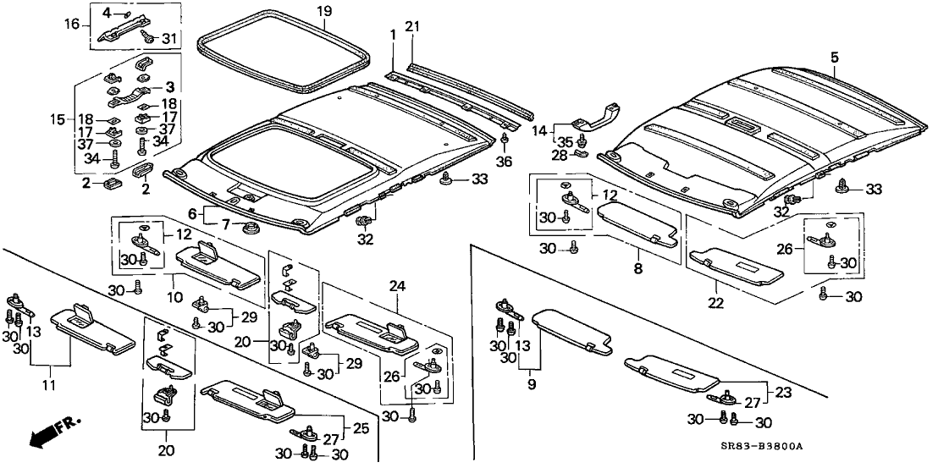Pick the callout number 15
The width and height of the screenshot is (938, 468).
coord(58,119)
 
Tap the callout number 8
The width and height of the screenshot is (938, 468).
coord(637,269)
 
